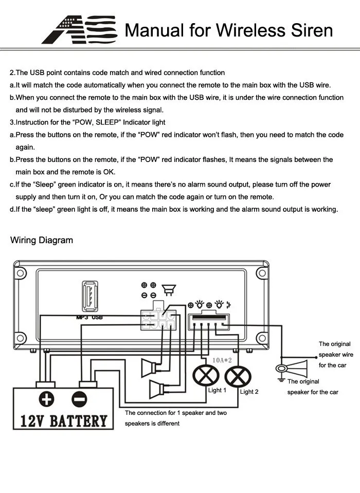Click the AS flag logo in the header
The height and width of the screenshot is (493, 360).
[79, 29]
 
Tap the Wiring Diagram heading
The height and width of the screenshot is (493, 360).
[42, 240]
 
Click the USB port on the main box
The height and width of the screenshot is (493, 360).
[90, 297]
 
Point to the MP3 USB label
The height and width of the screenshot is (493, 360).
[89, 318]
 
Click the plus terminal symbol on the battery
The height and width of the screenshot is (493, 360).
[46, 399]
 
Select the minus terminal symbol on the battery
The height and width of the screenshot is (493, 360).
[79, 399]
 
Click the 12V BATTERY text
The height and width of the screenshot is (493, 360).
[63, 421]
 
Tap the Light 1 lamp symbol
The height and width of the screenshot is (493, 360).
[206, 376]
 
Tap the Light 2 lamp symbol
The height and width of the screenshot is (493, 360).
[238, 377]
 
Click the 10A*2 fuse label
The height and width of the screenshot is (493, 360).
[222, 360]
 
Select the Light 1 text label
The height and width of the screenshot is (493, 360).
[217, 390]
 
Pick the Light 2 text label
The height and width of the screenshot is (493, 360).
[249, 392]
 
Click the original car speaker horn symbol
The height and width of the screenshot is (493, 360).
[292, 369]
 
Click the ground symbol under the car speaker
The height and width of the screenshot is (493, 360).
[281, 379]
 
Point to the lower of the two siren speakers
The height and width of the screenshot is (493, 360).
[157, 389]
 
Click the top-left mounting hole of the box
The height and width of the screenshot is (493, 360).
[21, 272]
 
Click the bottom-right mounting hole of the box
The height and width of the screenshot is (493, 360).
[262, 338]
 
